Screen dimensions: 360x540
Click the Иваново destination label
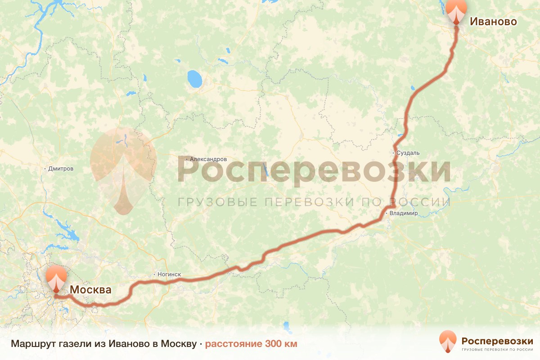493,21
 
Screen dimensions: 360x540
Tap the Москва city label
90,290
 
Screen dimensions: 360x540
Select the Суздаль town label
408,153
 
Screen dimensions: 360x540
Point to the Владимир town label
404,213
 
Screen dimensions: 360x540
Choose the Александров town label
208,159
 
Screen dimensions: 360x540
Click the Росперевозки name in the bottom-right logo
497,340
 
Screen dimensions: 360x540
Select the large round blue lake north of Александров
195,79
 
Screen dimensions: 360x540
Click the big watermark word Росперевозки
314,170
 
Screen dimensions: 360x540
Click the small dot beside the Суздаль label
394,153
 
